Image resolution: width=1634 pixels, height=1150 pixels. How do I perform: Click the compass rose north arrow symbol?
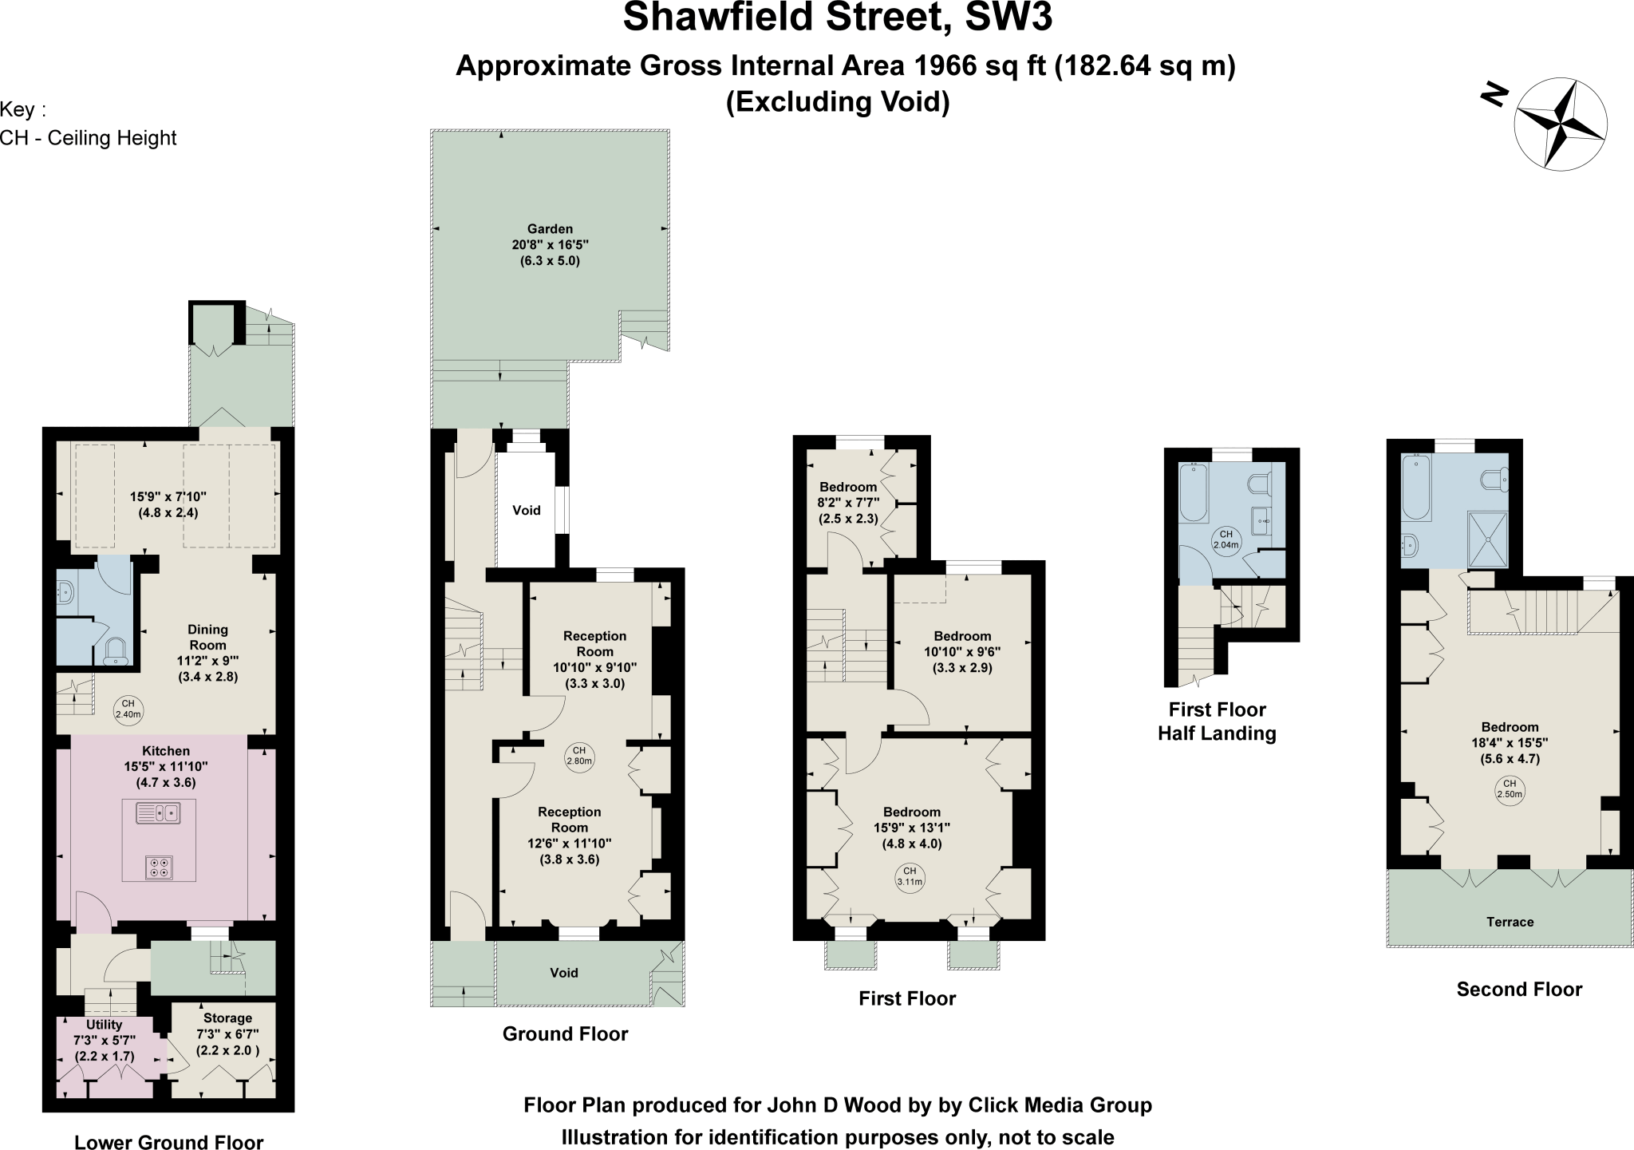tap(1561, 124)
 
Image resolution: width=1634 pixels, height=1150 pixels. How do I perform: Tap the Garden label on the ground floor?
tap(550, 229)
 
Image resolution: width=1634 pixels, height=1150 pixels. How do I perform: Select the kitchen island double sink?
tap(159, 813)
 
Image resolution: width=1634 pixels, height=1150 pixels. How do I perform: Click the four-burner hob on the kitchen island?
tap(159, 867)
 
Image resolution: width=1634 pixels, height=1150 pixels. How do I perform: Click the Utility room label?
tap(104, 1025)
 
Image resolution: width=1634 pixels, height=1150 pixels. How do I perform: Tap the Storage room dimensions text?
tap(227, 1042)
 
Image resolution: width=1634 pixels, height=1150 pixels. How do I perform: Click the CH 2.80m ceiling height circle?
tap(579, 756)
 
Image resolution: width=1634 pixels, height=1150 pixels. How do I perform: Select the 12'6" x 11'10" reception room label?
tap(569, 836)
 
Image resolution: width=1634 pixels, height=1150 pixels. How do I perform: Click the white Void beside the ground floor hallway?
tap(527, 510)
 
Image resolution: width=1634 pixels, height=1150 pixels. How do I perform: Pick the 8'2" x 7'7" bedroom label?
tap(848, 503)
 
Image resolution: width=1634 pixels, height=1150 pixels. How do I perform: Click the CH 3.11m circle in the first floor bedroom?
tap(910, 876)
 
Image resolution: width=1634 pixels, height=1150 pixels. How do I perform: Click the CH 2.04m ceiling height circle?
tap(1225, 540)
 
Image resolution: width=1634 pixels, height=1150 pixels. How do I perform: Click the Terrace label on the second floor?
tap(1510, 922)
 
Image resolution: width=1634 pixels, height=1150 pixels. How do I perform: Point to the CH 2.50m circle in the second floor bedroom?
tap(1510, 789)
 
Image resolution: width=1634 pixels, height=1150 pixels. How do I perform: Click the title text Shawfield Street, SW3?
tap(837, 18)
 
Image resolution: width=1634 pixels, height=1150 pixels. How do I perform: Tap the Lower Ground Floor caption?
tap(168, 1143)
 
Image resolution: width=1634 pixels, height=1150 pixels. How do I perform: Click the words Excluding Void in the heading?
tap(838, 102)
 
